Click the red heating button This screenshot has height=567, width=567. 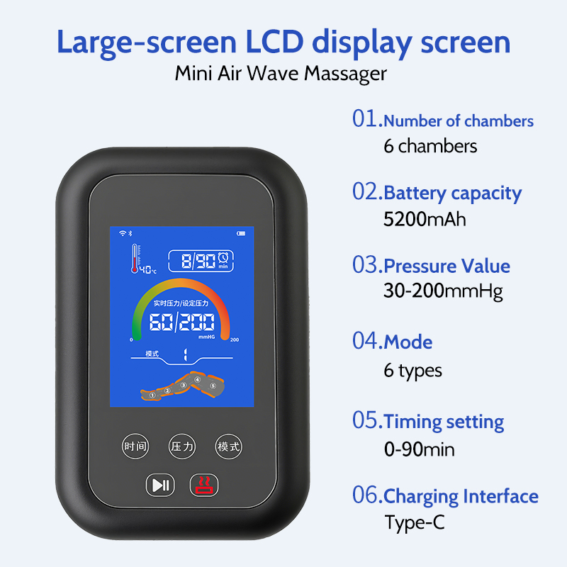click(x=204, y=485)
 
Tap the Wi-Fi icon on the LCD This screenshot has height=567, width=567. click(x=122, y=233)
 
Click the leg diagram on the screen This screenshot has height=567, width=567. click(x=183, y=388)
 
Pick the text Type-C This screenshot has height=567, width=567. click(x=415, y=522)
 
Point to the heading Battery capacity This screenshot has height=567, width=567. click(x=452, y=193)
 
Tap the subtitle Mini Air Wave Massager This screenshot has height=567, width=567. click(x=281, y=74)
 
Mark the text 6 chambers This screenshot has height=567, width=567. click(x=430, y=146)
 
